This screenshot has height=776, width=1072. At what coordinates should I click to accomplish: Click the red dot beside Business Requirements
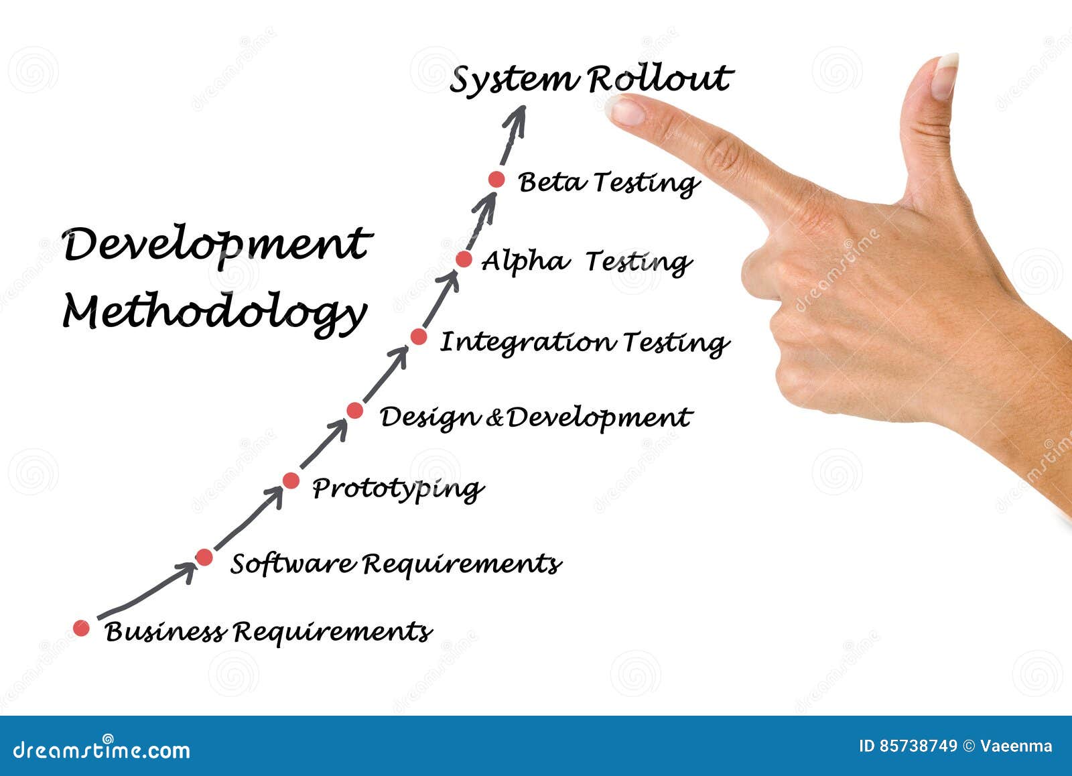click(81, 628)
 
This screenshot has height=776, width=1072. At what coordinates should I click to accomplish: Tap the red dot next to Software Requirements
click(204, 558)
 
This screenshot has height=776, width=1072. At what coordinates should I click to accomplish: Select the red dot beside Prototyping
click(291, 480)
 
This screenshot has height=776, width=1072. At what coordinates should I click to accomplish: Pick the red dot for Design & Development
click(354, 410)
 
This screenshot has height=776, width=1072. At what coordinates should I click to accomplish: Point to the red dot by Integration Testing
click(419, 337)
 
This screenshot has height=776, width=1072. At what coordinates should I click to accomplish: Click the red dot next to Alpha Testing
click(464, 259)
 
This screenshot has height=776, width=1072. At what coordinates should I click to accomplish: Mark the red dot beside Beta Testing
click(496, 180)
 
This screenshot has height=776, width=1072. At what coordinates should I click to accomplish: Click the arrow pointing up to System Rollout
click(513, 135)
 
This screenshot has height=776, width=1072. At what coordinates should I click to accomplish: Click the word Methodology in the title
click(214, 314)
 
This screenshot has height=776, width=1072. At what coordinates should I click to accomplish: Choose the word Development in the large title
click(217, 245)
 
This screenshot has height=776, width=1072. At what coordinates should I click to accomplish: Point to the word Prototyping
click(398, 489)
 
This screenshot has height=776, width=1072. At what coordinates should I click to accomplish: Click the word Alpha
click(525, 261)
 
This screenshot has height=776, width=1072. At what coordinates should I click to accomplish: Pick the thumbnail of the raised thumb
click(944, 76)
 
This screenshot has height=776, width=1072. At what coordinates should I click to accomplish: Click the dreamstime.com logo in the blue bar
click(101, 749)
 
